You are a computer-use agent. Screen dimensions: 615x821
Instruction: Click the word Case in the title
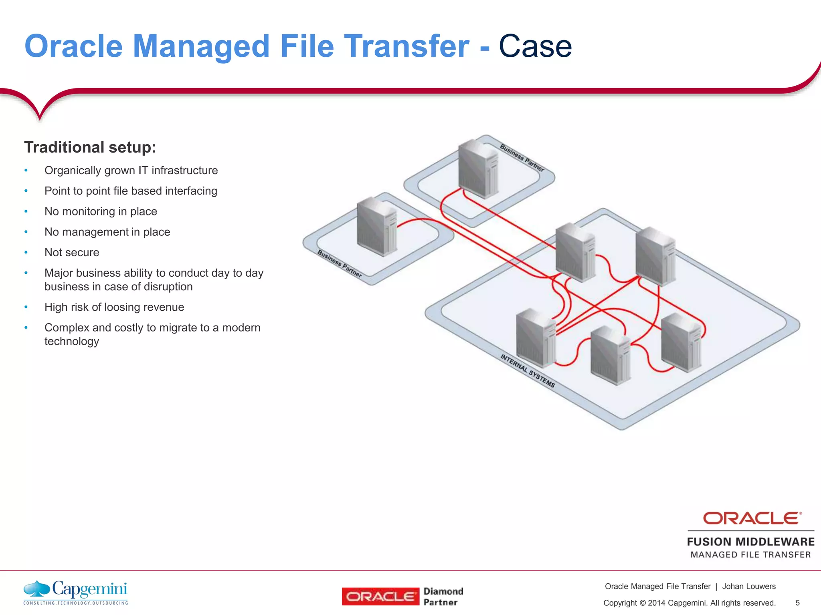coord(535,46)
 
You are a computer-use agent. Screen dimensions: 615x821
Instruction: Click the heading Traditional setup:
coord(90,147)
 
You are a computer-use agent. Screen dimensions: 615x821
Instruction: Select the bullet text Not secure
coord(72,252)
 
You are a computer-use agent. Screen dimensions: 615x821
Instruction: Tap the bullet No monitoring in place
coord(101,211)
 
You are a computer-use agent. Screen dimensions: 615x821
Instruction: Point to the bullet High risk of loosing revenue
coord(114,307)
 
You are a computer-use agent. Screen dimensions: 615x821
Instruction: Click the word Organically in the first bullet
coord(73,171)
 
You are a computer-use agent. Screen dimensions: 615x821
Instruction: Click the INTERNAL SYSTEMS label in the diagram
coord(527,370)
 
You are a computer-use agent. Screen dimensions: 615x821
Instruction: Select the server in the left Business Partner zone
coord(376,227)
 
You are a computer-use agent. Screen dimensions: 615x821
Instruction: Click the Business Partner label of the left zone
coord(340,263)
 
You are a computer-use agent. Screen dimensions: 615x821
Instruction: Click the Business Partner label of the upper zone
coord(522,158)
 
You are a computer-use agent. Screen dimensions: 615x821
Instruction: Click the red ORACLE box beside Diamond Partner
coord(380,597)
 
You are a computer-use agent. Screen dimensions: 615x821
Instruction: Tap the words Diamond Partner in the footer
coord(443,597)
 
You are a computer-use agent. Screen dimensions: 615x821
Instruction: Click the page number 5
coord(797,603)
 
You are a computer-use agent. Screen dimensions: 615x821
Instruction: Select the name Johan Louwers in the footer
coord(748,587)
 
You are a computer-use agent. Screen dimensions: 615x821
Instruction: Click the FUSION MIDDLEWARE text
coord(750,542)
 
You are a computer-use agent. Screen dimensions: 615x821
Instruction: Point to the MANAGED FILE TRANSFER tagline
coord(750,555)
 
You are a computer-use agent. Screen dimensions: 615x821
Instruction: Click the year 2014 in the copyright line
coord(656,603)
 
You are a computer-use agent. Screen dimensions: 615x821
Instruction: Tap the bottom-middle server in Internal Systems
coord(610,356)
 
